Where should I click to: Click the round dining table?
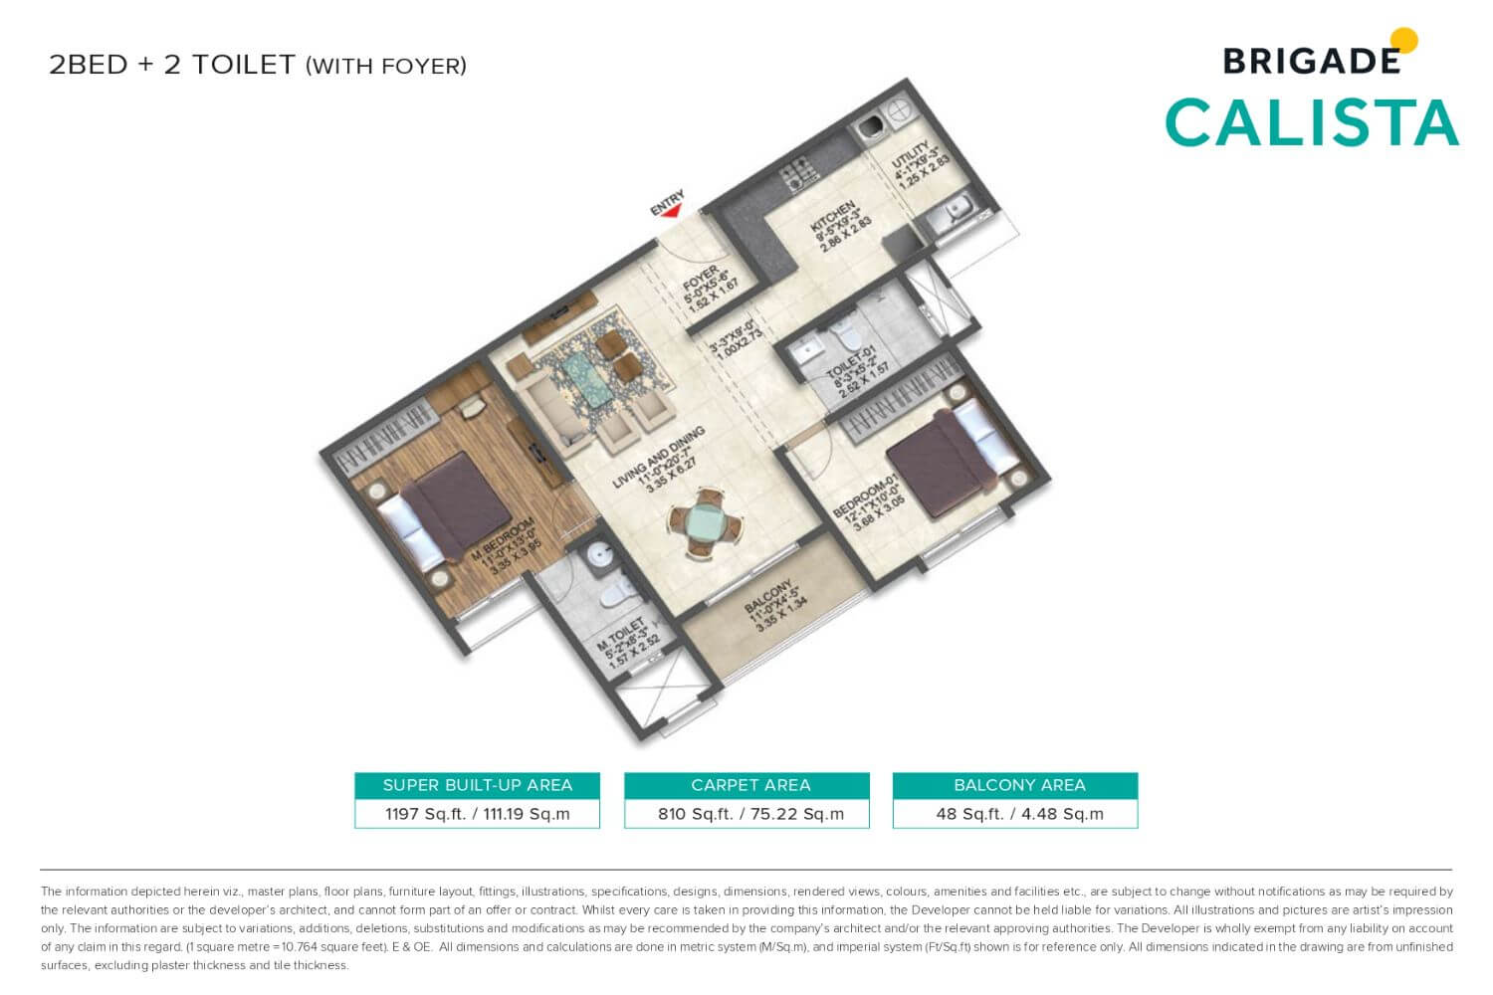(x=706, y=521)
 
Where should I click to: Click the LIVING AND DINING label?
(x=658, y=459)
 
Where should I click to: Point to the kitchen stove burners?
(x=799, y=174)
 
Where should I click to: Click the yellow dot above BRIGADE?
(x=1403, y=41)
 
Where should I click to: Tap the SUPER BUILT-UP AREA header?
(x=477, y=785)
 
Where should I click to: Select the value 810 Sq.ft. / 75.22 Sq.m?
(x=750, y=814)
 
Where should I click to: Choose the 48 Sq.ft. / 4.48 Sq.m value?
(x=1019, y=814)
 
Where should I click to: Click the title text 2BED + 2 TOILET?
(x=172, y=65)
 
